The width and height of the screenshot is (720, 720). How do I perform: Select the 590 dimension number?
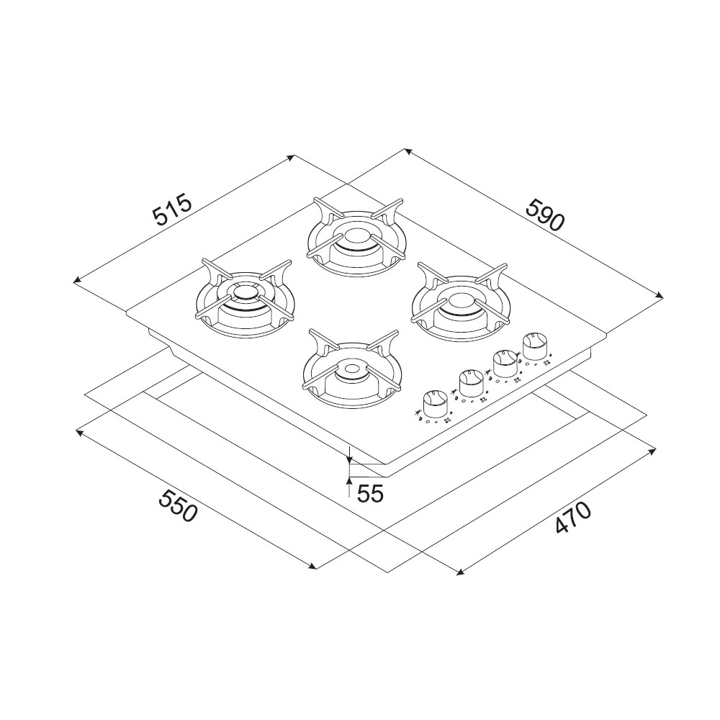coord(544,215)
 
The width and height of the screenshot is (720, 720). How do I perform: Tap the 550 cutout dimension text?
coord(178,505)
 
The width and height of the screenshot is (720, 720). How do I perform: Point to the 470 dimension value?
coord(572,518)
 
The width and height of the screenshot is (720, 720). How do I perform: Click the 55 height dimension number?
coord(370,494)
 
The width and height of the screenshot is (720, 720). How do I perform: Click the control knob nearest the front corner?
coord(434,404)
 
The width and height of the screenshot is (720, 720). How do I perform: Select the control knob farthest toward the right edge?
coord(534,346)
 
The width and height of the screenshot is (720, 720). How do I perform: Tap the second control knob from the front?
coord(471,383)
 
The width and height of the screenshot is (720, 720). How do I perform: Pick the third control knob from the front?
coord(505,364)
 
